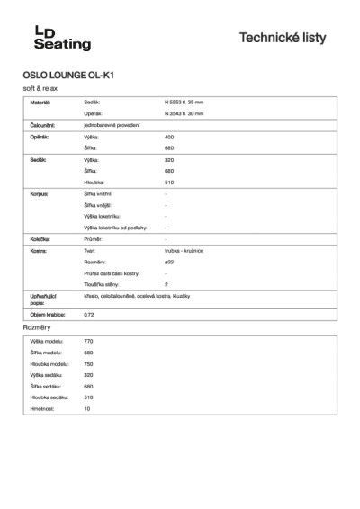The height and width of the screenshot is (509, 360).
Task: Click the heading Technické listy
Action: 283,38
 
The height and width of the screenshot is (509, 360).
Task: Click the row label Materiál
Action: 41,103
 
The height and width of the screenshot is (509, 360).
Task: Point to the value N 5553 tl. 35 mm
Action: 184,103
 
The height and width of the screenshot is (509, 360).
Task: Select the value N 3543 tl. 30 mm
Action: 184,114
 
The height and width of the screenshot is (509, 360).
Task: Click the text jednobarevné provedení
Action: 110,125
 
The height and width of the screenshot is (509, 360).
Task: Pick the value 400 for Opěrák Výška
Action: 169,136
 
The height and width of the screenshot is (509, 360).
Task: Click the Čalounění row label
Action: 43,125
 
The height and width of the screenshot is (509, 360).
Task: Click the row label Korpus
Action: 38,193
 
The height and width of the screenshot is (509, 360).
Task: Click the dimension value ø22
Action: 170,263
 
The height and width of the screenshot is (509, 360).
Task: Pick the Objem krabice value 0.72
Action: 88,314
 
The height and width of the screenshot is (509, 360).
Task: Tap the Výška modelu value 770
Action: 88,343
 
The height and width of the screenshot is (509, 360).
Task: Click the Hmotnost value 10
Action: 87,408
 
